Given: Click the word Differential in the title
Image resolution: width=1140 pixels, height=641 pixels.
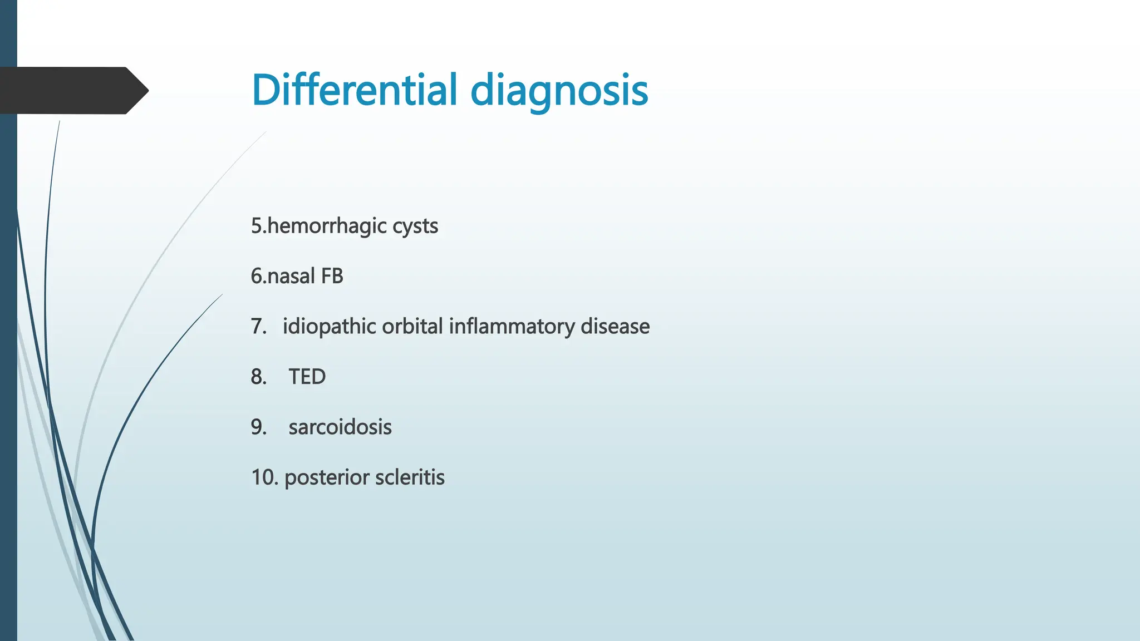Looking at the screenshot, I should [x=354, y=90].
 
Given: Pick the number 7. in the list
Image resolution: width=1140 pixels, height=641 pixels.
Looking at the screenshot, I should [x=258, y=326].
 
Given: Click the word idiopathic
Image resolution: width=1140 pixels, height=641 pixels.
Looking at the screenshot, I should [x=330, y=327].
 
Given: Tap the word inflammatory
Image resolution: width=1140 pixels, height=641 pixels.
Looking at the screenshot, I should [x=512, y=327].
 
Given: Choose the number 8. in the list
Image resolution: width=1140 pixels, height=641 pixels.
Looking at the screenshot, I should [x=258, y=377].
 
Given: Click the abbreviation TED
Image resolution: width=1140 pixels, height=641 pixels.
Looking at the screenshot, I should [x=307, y=377].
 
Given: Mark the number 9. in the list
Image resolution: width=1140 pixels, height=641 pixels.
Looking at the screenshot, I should [x=258, y=427].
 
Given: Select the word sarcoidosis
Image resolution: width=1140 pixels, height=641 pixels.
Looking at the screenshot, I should [x=340, y=427].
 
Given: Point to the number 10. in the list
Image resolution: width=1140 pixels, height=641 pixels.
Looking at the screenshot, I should [x=264, y=477].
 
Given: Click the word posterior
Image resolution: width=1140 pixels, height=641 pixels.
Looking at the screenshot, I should [x=326, y=477].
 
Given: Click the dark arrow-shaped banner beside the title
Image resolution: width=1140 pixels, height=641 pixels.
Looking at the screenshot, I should [x=67, y=90].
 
